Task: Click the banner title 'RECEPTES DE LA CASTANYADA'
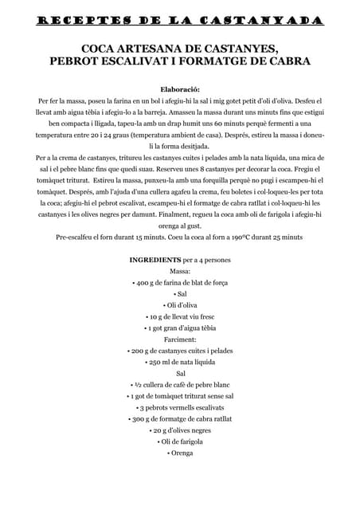180,18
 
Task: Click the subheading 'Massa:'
180,272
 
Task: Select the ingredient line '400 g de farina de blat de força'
180,283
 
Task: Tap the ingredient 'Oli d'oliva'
180,305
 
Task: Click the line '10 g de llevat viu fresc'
180,316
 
